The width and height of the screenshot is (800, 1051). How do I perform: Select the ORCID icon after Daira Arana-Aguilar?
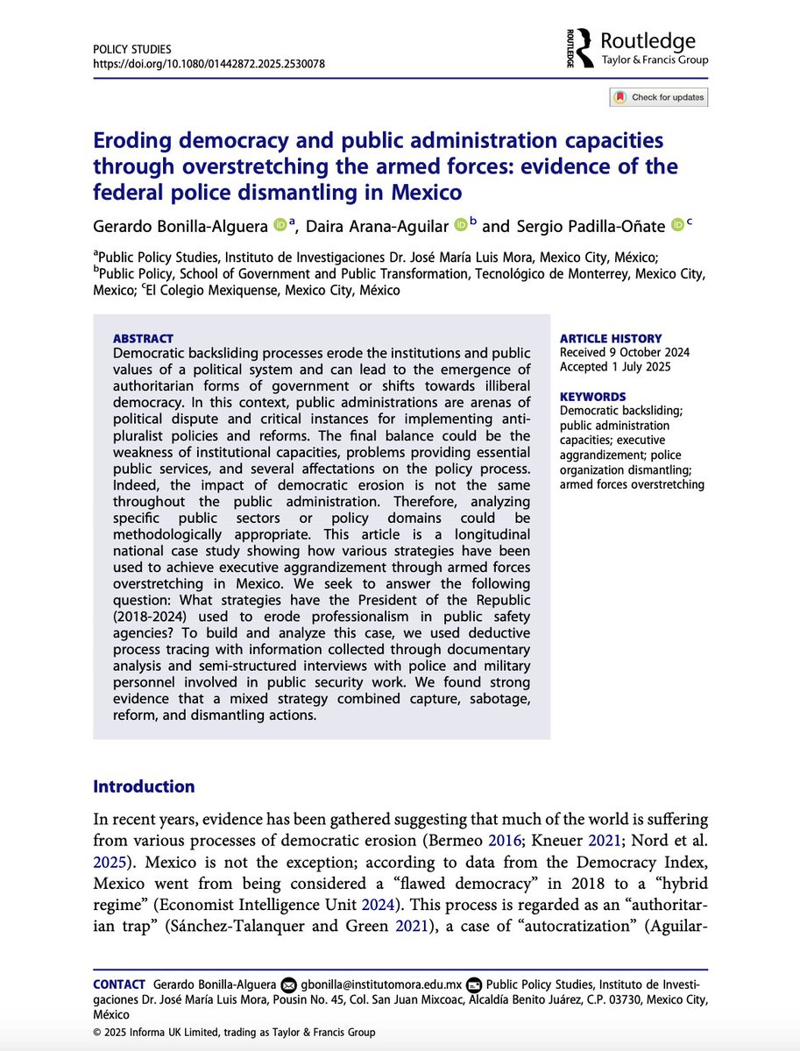click(x=461, y=225)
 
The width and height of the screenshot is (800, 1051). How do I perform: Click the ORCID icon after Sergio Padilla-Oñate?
click(x=677, y=225)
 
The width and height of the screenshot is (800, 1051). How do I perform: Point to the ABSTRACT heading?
click(x=144, y=338)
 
